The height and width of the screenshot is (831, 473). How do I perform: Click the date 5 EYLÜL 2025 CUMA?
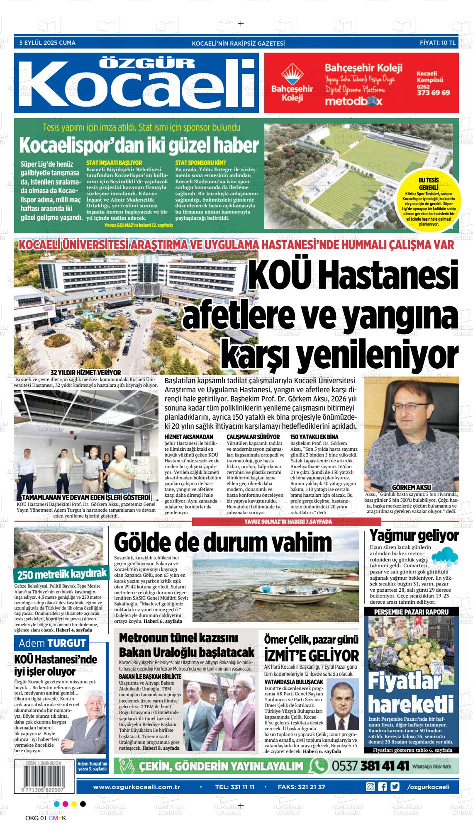pos(47,43)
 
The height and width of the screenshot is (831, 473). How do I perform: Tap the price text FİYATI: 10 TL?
pos(437,43)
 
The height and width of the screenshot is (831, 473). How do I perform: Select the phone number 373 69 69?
pos(433,92)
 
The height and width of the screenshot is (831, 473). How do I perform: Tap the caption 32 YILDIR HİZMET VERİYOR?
pos(85,372)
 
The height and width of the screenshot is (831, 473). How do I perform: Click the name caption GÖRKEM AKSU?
pos(412,487)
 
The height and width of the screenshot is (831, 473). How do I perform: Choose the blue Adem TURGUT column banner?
pos(52,643)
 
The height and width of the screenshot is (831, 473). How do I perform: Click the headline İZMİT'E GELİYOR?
pos(311,656)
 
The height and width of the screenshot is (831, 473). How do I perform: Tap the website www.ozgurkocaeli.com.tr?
pos(137,787)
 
